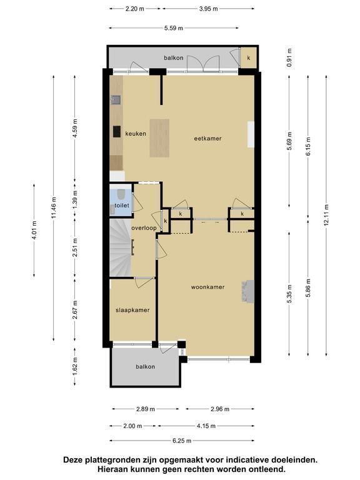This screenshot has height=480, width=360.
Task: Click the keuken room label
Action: pyautogui.click(x=135, y=134)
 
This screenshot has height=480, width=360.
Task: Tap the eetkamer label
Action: pyautogui.click(x=207, y=138)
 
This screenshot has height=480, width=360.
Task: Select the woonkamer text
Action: pyautogui.click(x=207, y=287)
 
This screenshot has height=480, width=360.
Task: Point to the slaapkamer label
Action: pyautogui.click(x=132, y=310)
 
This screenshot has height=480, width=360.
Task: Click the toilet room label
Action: pyautogui.click(x=122, y=206)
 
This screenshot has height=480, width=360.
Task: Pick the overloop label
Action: pyautogui.click(x=144, y=228)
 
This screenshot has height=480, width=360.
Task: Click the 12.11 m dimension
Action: pyautogui.click(x=326, y=215)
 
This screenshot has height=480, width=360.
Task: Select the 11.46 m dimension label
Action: pyautogui.click(x=54, y=208)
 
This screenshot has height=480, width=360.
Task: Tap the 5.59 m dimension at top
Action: pyautogui.click(x=174, y=28)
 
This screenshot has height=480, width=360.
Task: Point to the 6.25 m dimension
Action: pyautogui.click(x=182, y=441)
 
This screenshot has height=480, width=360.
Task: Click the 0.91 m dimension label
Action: pyautogui.click(x=289, y=57)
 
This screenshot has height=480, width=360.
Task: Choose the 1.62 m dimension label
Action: pyautogui.click(x=75, y=366)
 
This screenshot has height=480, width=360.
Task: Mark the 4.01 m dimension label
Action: pyautogui.click(x=34, y=230)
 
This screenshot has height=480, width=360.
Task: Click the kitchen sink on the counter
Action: pyautogui.click(x=116, y=99)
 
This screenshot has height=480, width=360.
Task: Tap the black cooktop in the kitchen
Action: pyautogui.click(x=117, y=131)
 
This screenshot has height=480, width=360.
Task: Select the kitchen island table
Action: pyautogui.click(x=159, y=138)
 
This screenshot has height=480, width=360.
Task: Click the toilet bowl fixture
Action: pyautogui.click(x=121, y=194)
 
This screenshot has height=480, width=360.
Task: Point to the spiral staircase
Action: pyautogui.click(x=120, y=247)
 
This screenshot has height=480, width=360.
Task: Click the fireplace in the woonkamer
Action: pyautogui.click(x=248, y=291)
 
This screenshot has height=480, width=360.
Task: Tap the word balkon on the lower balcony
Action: pyautogui.click(x=146, y=367)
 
